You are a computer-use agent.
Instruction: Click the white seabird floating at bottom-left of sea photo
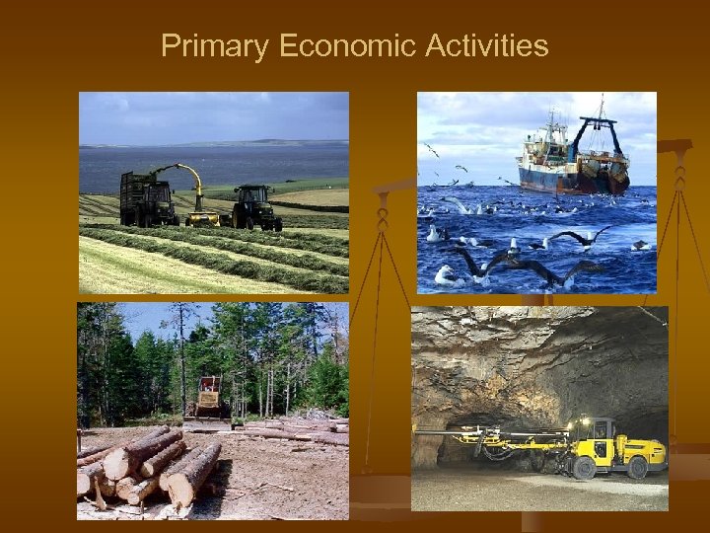click(446, 275)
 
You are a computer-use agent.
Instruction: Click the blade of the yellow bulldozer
click(208, 423)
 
